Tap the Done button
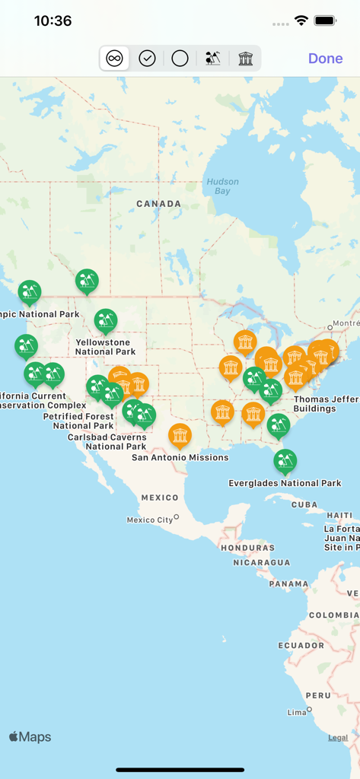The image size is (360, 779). tap(325, 59)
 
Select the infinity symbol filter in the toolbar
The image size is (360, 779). tap(114, 59)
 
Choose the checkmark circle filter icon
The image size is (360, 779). tap(147, 59)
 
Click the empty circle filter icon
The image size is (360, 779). tap(180, 59)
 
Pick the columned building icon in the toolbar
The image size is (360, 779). tap(245, 59)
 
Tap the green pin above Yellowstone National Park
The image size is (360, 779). tap(106, 320)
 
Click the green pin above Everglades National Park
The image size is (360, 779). tap(285, 459)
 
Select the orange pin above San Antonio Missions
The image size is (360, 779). tap(180, 435)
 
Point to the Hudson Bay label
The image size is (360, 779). tap(222, 186)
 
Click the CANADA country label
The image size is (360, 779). tap(158, 204)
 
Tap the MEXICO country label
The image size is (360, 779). tap(160, 498)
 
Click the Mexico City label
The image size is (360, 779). tap(150, 520)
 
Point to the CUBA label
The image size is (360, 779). tap(304, 504)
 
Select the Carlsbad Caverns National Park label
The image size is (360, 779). tap(106, 442)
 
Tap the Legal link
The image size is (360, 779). tap(338, 738)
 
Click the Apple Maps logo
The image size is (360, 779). tap(30, 736)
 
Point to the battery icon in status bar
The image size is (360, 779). tap(326, 21)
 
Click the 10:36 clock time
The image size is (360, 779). tap(53, 21)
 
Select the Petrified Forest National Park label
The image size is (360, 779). tap(83, 421)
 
